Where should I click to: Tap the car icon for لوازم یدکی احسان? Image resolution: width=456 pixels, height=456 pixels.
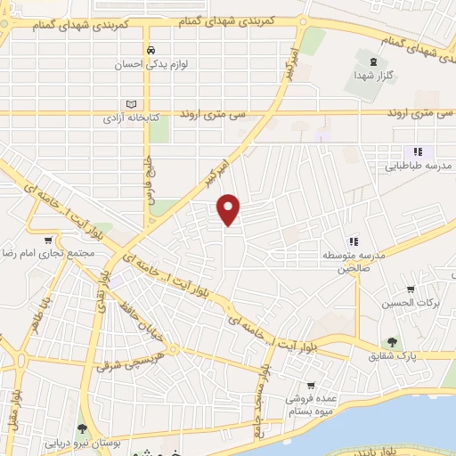(151, 50)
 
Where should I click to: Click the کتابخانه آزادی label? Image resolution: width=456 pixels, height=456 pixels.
(124, 118)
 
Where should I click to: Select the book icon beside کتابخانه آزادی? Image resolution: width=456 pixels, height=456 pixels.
(134, 102)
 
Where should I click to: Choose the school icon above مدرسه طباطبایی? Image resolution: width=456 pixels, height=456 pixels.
(417, 151)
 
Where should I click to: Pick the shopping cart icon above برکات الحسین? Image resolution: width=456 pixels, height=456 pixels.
(410, 289)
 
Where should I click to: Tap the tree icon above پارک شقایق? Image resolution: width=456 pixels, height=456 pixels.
(390, 342)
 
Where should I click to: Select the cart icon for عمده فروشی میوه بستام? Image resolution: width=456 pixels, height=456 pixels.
(310, 386)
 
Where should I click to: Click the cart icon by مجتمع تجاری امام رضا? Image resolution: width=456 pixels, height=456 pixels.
(47, 240)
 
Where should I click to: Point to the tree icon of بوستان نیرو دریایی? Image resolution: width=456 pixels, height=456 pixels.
(83, 428)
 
